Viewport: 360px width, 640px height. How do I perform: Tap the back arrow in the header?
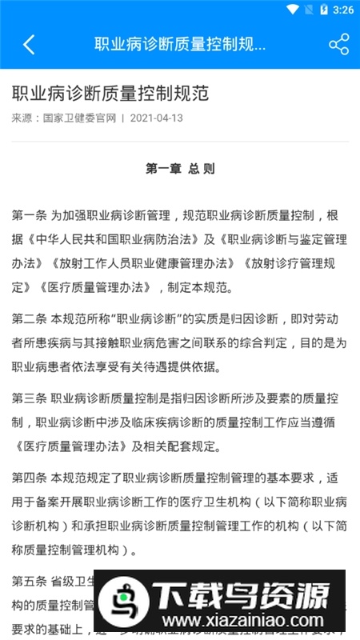pos(29,44)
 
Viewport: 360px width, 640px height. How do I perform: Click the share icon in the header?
pos(338,44)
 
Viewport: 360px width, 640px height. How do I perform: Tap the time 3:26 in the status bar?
pos(343,10)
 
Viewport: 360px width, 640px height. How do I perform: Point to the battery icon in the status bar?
pos(323,10)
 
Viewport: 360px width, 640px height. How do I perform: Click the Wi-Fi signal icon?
pos(293,10)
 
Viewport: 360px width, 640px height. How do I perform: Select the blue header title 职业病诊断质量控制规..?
pos(180,44)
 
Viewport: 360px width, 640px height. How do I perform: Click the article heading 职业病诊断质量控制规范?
pos(110,93)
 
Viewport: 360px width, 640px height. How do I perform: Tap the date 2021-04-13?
pos(156,118)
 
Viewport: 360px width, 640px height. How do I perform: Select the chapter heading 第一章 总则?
pos(180,169)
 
